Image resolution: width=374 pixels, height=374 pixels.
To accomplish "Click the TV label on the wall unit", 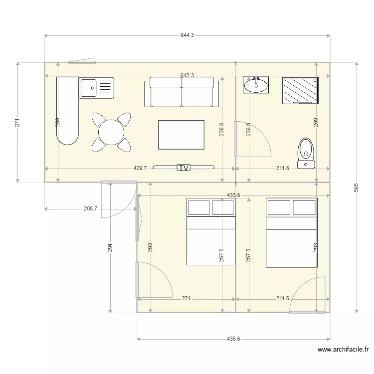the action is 184,168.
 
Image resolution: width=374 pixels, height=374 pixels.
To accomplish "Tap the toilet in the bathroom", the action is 306,153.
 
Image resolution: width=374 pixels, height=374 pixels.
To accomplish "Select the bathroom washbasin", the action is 256,85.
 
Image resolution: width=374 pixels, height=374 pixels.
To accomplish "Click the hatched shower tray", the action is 301,90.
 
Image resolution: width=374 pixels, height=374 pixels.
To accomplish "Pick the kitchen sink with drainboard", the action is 96,88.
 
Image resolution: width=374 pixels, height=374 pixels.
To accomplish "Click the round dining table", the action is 111,132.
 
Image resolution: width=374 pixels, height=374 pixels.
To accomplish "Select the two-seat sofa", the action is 182,92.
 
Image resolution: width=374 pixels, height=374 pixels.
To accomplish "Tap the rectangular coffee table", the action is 182,135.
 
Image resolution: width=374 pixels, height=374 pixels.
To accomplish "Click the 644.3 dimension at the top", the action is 187,35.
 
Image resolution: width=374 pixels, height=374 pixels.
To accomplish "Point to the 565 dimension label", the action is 356,187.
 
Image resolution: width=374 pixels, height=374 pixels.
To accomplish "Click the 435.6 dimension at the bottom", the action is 233,339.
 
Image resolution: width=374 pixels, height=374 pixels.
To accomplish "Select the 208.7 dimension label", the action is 91,209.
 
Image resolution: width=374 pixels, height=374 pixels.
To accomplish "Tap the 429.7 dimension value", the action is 140,168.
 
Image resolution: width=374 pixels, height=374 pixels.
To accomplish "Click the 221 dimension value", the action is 186,298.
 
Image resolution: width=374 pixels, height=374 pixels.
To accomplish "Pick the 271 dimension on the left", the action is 17,123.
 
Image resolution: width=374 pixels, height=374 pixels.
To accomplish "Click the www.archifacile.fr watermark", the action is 343,350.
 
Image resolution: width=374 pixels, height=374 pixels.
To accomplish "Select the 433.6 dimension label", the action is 233,195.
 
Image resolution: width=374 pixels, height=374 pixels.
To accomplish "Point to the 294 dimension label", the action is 110,248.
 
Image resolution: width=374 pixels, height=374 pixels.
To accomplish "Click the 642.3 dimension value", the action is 187,75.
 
